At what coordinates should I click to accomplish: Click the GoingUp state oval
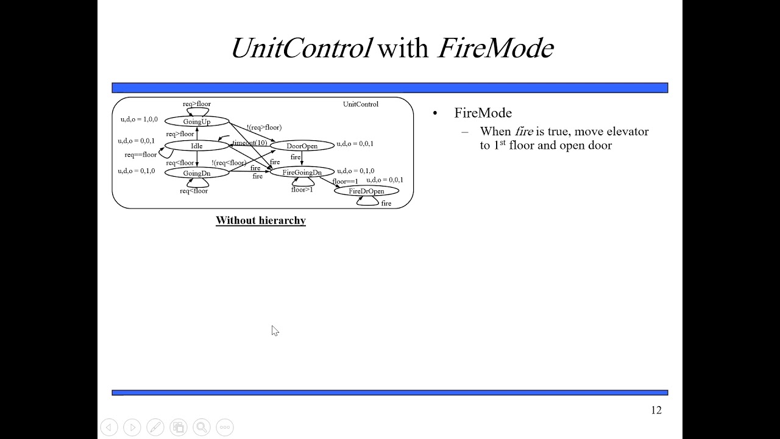[x=196, y=122]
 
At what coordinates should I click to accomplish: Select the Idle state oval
[x=196, y=146]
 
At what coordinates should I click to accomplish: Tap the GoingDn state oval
[x=196, y=173]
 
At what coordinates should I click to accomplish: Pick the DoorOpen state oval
[x=302, y=146]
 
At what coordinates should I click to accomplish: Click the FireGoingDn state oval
[x=302, y=173]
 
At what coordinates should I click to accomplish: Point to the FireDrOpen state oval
[x=366, y=191]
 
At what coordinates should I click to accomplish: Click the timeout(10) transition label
[x=250, y=143]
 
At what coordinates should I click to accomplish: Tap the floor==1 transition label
[x=345, y=182]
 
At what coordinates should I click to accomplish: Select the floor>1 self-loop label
[x=302, y=190]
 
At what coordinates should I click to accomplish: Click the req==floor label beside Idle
[x=141, y=155]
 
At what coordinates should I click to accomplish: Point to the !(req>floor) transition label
[x=264, y=127]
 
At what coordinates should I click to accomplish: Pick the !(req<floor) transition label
[x=229, y=163]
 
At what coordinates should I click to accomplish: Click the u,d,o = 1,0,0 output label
[x=139, y=120]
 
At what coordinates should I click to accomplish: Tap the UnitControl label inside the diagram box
[x=360, y=104]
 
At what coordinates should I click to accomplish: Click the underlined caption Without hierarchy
[x=260, y=221]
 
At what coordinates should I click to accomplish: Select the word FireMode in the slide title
[x=495, y=48]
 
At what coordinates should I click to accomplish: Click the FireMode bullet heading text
[x=483, y=113]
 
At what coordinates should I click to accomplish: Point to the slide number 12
[x=656, y=410]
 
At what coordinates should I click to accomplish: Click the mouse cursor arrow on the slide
[x=275, y=330]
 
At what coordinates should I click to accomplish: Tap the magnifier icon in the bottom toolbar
[x=202, y=427]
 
